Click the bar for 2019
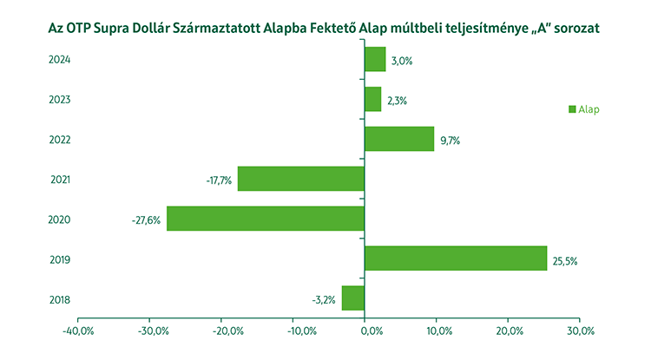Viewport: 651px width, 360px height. (x=456, y=259)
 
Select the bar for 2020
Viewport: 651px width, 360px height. (x=266, y=219)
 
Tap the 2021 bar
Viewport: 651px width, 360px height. (x=301, y=179)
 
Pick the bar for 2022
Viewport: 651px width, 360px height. (x=399, y=139)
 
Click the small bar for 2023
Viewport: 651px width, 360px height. (x=373, y=100)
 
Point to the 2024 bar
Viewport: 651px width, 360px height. (x=375, y=60)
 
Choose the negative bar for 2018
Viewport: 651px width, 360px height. (x=353, y=298)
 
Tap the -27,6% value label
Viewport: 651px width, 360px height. (x=145, y=219)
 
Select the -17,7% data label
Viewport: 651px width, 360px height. (x=217, y=180)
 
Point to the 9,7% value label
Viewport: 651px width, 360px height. (x=449, y=140)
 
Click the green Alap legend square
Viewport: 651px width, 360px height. (x=572, y=109)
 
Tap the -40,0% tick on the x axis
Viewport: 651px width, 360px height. (x=78, y=331)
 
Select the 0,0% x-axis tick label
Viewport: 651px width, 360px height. (x=366, y=331)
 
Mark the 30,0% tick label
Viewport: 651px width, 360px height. (x=580, y=331)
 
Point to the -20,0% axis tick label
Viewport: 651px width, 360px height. (x=221, y=331)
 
